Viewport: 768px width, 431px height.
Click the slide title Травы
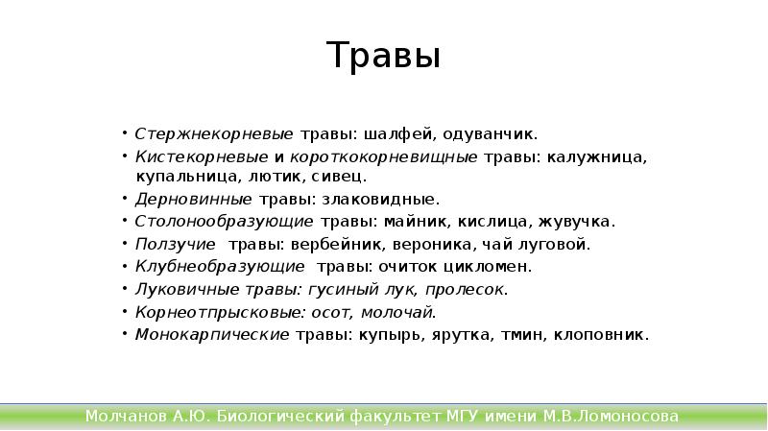pyautogui.click(x=383, y=57)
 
